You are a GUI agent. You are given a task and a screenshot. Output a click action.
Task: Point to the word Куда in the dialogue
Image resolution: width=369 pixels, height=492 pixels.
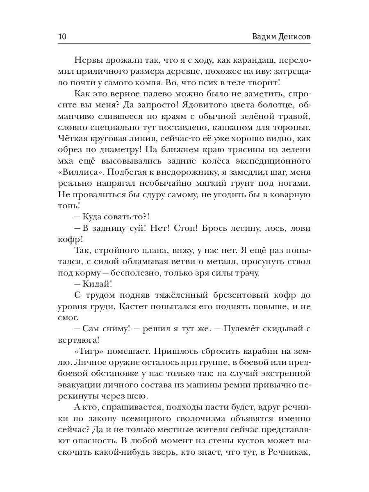point(94,216)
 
